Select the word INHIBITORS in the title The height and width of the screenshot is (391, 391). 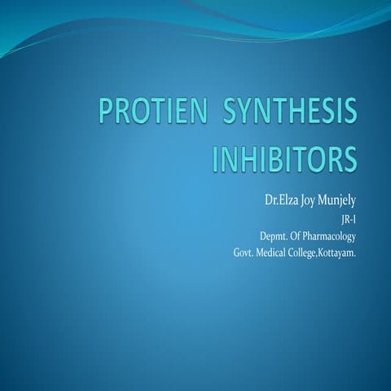point(284,159)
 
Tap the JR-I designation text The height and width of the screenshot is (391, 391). point(346,219)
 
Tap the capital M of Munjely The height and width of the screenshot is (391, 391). point(329,200)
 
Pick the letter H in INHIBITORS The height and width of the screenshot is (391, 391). point(246,159)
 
